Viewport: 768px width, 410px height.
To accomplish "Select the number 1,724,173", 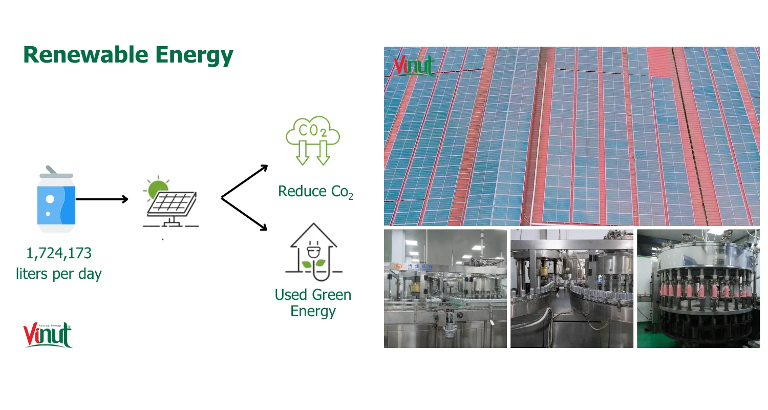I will pyautogui.click(x=59, y=253).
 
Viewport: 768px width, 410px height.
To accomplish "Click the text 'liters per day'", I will pyautogui.click(x=59, y=274).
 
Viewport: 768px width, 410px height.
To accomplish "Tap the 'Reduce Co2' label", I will pyautogui.click(x=315, y=192).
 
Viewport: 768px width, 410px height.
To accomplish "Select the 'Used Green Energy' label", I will pyautogui.click(x=313, y=303).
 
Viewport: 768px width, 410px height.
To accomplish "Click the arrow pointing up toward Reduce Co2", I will pyautogui.click(x=245, y=181).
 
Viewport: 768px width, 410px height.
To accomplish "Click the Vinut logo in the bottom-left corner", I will pyautogui.click(x=48, y=335).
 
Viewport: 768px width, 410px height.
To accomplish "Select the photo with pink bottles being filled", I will pyautogui.click(x=698, y=289).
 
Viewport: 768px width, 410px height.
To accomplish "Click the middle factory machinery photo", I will pyautogui.click(x=571, y=289).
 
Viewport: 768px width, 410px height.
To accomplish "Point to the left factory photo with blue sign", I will pyautogui.click(x=445, y=289).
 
